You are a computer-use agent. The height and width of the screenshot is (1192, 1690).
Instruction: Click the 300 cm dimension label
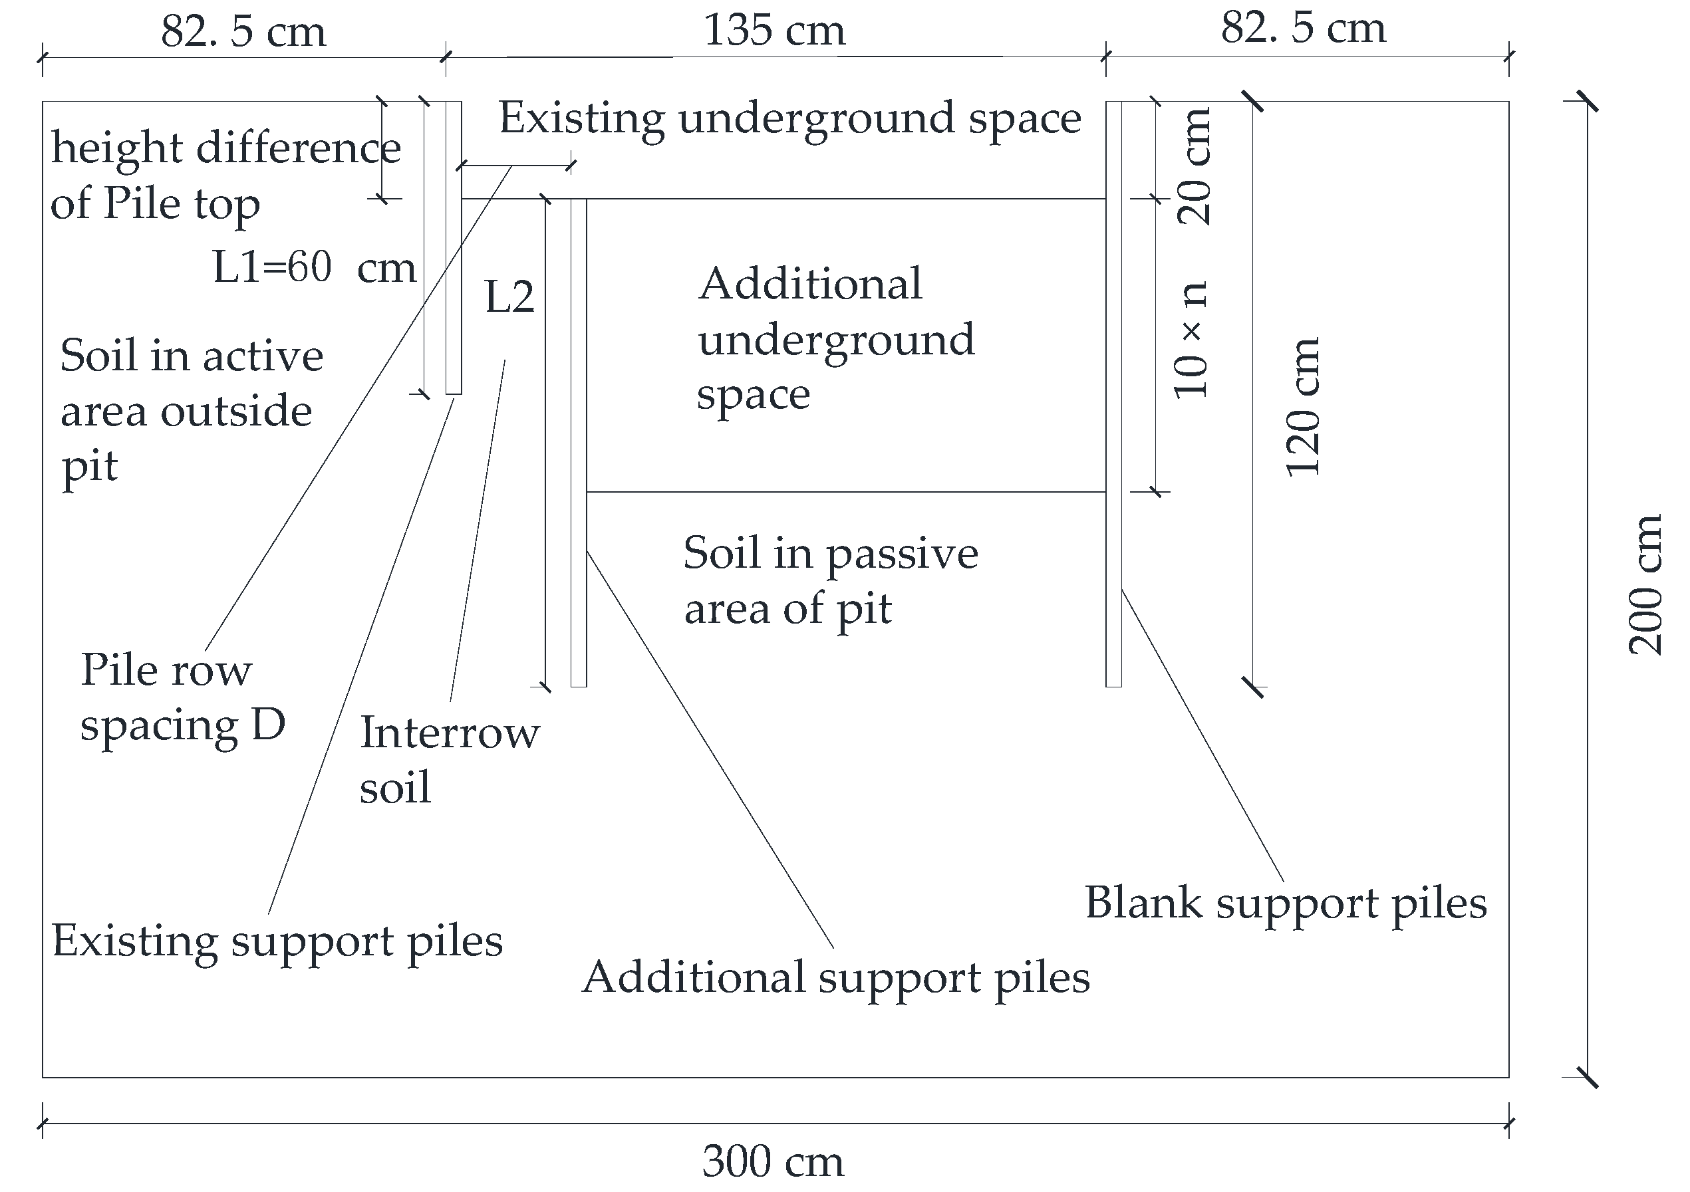(773, 1162)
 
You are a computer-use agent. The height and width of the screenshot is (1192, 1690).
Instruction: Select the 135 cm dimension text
(774, 31)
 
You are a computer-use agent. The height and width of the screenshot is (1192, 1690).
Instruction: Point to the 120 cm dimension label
(1303, 408)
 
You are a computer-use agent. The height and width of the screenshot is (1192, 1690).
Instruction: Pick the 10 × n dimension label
(1191, 340)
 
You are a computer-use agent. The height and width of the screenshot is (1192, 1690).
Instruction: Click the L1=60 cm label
(315, 267)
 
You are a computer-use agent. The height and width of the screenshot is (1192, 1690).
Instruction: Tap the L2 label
(509, 297)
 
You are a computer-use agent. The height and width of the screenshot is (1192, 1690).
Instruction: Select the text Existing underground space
(789, 118)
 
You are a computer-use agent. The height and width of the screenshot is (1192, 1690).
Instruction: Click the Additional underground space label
(836, 339)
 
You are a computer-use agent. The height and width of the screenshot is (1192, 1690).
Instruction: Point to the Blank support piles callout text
(1285, 903)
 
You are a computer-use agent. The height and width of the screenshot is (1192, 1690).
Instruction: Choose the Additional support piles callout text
(835, 978)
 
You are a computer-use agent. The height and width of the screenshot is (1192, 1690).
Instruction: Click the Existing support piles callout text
(277, 941)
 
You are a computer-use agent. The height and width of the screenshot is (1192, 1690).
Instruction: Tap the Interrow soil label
(449, 760)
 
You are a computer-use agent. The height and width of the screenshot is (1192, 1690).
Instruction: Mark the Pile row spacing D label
(182, 697)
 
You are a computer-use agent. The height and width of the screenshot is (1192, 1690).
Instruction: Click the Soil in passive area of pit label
(830, 580)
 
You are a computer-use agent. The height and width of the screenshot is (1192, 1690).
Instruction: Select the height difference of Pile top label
(225, 175)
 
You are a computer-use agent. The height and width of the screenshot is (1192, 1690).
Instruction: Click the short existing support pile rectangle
(454, 247)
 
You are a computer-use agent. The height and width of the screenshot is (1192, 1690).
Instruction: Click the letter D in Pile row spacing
(268, 725)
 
